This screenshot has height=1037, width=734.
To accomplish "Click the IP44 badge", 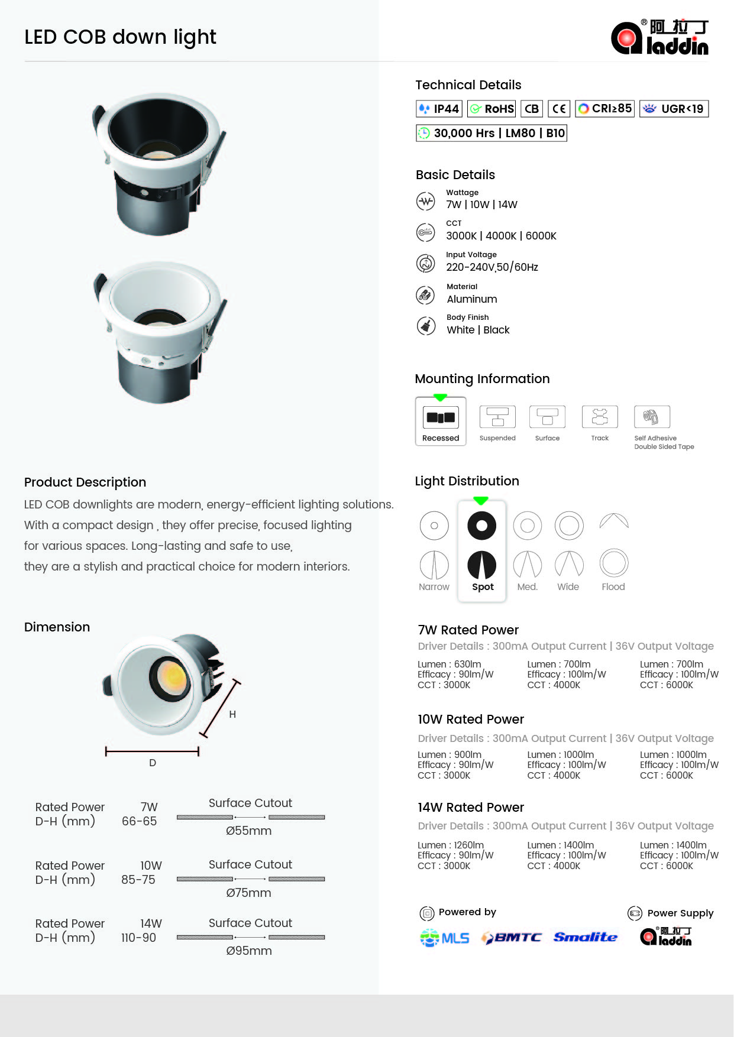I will (439, 109).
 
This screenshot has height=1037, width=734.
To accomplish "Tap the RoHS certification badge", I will (492, 109).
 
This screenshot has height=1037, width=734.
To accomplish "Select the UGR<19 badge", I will (674, 109).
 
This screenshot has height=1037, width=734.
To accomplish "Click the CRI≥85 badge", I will (604, 109).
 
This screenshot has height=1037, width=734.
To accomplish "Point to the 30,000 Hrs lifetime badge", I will (491, 133).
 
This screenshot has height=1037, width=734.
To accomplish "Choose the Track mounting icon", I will (600, 417).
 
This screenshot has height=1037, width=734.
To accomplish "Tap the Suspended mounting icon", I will (497, 417).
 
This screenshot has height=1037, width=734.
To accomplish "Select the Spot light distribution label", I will (483, 587).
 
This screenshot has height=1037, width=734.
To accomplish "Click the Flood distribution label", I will (613, 587).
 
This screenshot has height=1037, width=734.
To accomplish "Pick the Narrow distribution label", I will (434, 587).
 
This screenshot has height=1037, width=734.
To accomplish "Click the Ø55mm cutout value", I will (249, 831).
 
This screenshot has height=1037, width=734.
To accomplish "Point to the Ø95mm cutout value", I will (249, 951).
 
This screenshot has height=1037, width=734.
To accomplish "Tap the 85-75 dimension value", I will (138, 880).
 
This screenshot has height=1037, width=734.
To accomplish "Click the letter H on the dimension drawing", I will (232, 714).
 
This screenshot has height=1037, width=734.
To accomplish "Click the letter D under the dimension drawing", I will (153, 763).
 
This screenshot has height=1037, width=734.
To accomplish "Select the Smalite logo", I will (585, 937).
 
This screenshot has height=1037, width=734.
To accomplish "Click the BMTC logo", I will (512, 938).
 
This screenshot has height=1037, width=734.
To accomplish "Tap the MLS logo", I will (445, 938).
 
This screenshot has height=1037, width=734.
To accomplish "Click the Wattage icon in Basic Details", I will (426, 201).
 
